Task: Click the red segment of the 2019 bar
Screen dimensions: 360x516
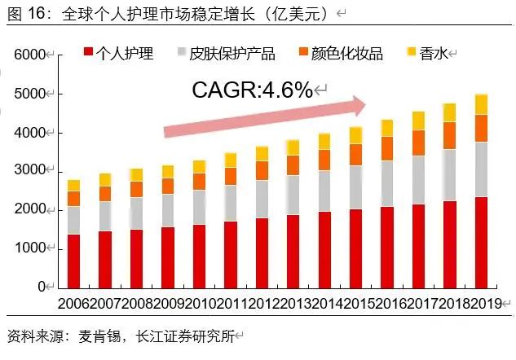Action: coord(481,242)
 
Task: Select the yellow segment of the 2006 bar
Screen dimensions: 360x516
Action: coord(73,186)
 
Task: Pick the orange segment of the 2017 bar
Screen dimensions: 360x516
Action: coord(418,143)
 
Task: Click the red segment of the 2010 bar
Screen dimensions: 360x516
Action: coord(199,255)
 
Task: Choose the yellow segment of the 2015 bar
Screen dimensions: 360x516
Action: coord(355,135)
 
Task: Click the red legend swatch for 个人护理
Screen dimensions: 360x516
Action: coord(88,54)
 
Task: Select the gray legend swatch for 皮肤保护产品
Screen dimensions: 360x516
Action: coord(183,54)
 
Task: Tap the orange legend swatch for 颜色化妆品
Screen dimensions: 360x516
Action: coord(303,54)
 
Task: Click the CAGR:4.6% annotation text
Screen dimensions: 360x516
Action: coord(252,90)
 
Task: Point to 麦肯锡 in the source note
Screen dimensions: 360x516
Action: coord(98,336)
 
